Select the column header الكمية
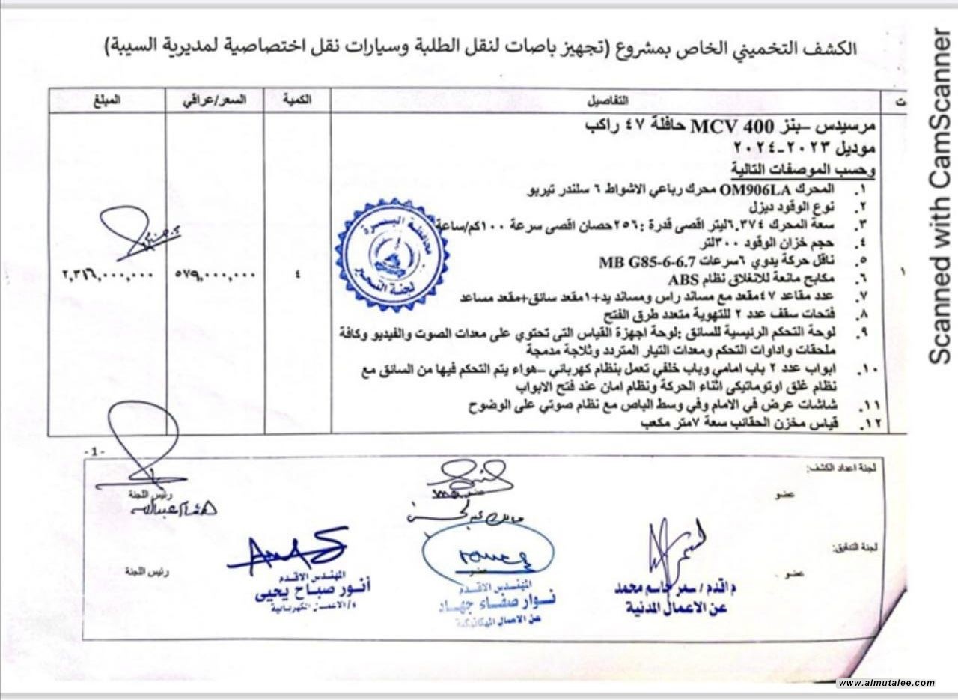pyautogui.click(x=298, y=100)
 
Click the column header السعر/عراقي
pyautogui.click(x=215, y=100)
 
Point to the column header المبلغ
pyautogui.click(x=107, y=100)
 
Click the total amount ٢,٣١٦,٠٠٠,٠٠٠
pyautogui.click(x=107, y=274)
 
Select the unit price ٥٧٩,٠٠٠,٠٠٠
pyautogui.click(x=216, y=274)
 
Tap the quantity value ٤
pyautogui.click(x=298, y=274)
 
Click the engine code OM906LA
pyautogui.click(x=757, y=190)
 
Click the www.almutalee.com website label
pyautogui.click(x=886, y=683)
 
